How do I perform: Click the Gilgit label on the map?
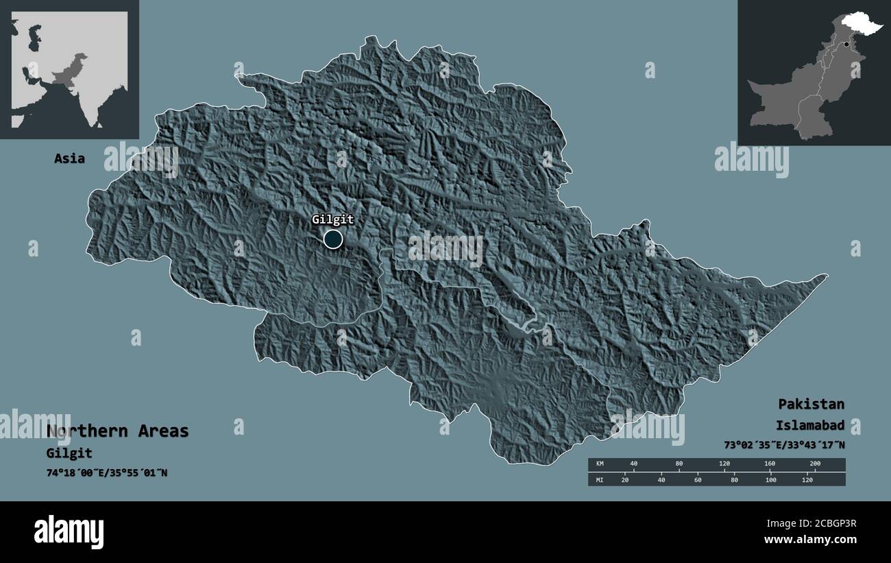pyautogui.click(x=333, y=220)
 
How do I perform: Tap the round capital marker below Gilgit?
pyautogui.click(x=333, y=239)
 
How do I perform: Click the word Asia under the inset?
pyautogui.click(x=70, y=158)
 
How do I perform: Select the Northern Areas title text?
pyautogui.click(x=117, y=431)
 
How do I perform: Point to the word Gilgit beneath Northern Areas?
pyautogui.click(x=69, y=453)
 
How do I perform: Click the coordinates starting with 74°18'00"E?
pyautogui.click(x=107, y=473)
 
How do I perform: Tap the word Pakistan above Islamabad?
pyautogui.click(x=811, y=404)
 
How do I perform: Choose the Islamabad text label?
pyautogui.click(x=810, y=425)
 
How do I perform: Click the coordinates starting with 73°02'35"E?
pyautogui.click(x=784, y=445)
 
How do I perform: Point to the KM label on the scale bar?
pyautogui.click(x=600, y=464)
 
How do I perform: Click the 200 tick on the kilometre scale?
pyautogui.click(x=814, y=464)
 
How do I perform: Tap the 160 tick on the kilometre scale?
pyautogui.click(x=769, y=464)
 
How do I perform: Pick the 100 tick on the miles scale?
pyautogui.click(x=771, y=479)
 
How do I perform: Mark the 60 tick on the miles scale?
pyautogui.click(x=698, y=479)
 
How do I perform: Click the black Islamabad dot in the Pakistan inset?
pyautogui.click(x=846, y=45)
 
